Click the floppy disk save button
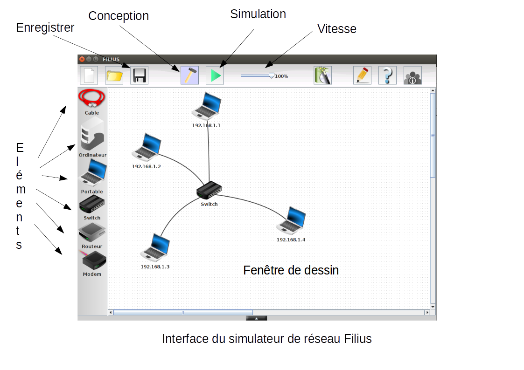pos(140,75)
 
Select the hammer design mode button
pos(189,75)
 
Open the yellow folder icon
pos(114,75)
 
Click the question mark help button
pos(387,75)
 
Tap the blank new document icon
pos(89,75)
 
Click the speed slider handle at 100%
pos(272,75)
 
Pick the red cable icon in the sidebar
pos(92,99)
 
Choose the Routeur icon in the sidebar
pos(92,232)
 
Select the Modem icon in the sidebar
pos(93,260)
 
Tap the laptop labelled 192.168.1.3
pos(155,247)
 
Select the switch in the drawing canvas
pos(209,190)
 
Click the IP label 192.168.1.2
pos(147,166)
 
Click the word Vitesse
pos(336,29)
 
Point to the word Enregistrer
pos(45,27)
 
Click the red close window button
pos(82,59)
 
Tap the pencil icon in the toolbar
pos(362,75)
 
